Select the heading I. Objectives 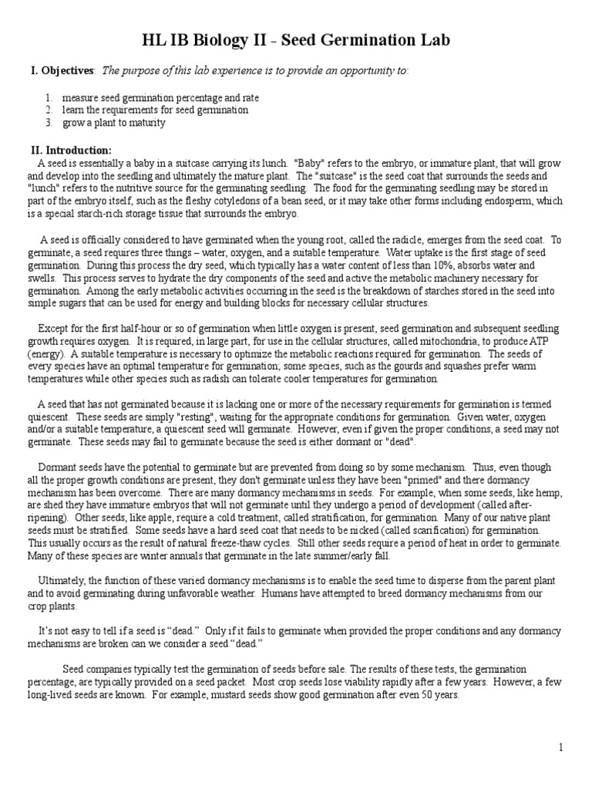click(62, 71)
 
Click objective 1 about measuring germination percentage click(160, 98)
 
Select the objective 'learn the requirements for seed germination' click(155, 110)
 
